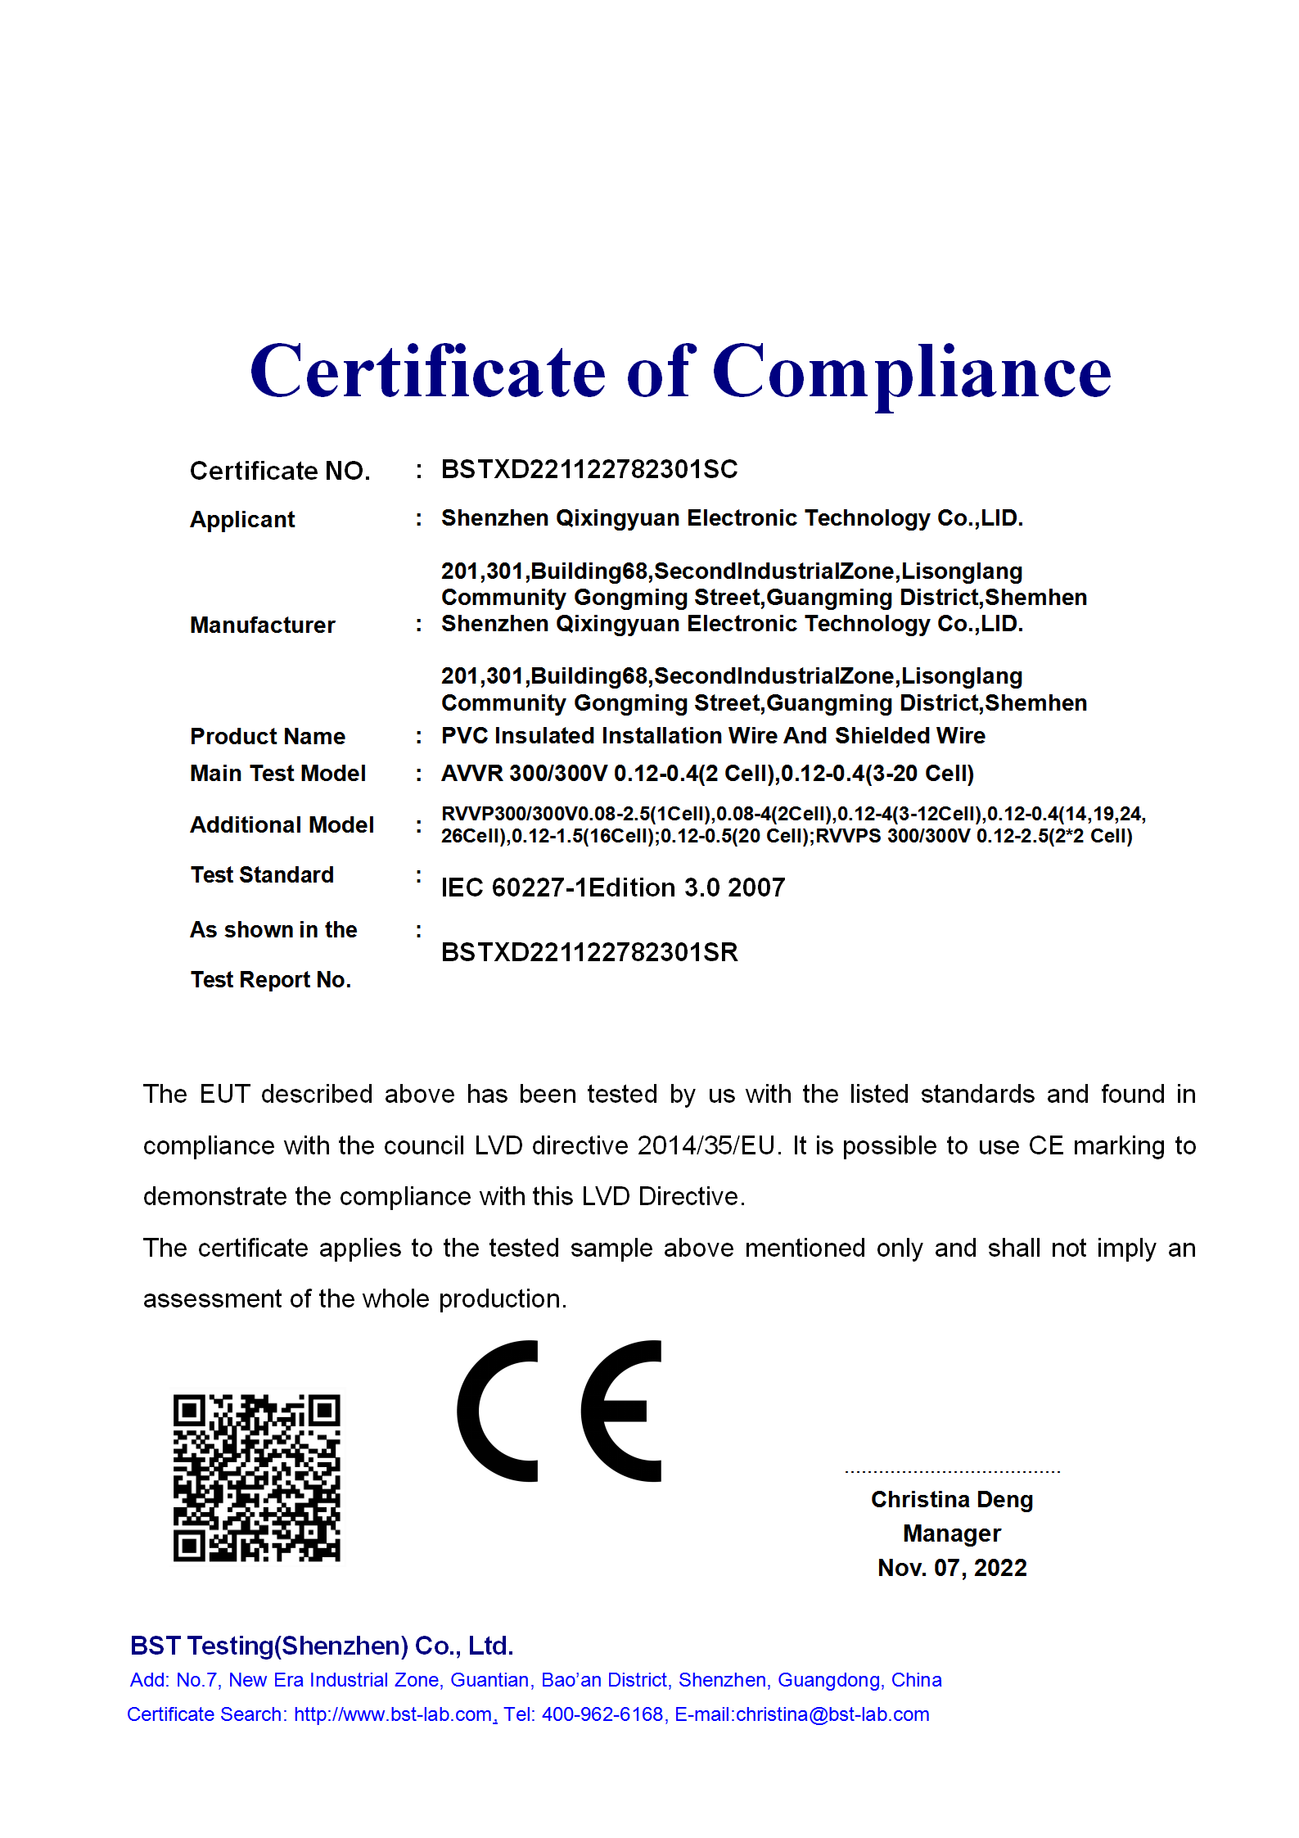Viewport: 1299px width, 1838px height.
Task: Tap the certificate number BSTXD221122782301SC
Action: (x=589, y=469)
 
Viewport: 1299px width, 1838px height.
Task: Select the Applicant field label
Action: (x=242, y=519)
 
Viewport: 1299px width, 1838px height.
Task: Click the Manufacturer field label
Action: (x=262, y=625)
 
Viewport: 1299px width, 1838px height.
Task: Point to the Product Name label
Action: (x=268, y=736)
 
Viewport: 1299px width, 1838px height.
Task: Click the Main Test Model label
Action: (x=277, y=773)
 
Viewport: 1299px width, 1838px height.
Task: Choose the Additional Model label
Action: (x=282, y=824)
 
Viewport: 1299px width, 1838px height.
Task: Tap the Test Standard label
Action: (x=262, y=874)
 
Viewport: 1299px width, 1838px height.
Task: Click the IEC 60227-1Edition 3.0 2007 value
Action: (x=612, y=887)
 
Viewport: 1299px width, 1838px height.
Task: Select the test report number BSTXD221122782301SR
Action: (x=589, y=952)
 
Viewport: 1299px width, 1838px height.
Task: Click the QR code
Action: (x=256, y=1478)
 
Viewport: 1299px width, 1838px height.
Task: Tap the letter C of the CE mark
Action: (x=498, y=1411)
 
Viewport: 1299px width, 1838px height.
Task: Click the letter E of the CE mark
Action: (x=621, y=1411)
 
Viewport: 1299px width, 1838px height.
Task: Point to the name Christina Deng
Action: (x=952, y=1499)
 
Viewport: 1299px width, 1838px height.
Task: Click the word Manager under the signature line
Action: (x=952, y=1533)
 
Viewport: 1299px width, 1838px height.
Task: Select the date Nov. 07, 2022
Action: (x=952, y=1567)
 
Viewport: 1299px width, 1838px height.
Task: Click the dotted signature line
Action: (x=952, y=1471)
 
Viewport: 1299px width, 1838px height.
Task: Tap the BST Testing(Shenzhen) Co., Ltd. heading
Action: (x=322, y=1646)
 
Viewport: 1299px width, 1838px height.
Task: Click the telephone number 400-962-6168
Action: (x=602, y=1714)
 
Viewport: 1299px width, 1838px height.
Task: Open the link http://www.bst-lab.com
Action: (x=393, y=1714)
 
